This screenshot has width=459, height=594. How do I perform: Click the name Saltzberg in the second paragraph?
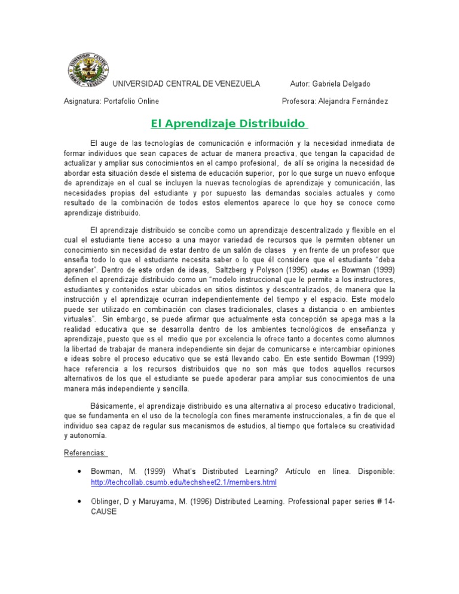point(223,270)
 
